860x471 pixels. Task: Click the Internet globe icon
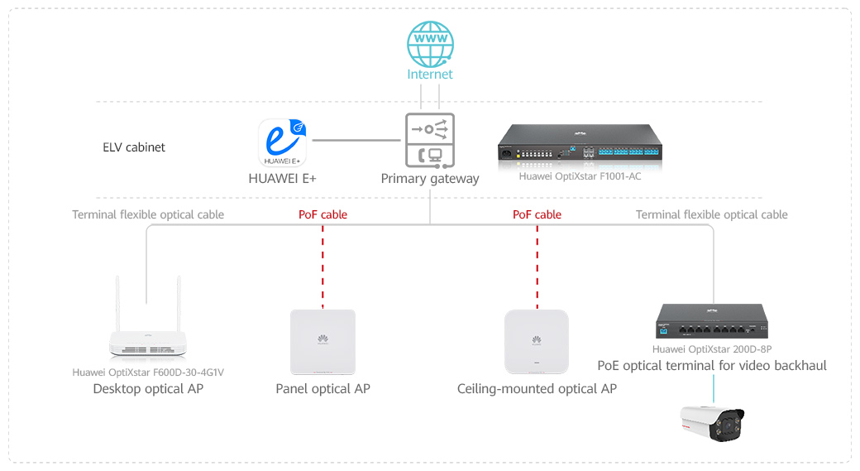pyautogui.click(x=430, y=43)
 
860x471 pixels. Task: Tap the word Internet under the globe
pyautogui.click(x=430, y=74)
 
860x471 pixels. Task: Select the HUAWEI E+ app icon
pyautogui.click(x=283, y=142)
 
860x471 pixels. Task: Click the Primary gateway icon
pyautogui.click(x=430, y=141)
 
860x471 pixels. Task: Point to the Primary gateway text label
pyautogui.click(x=430, y=178)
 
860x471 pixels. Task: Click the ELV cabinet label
pyautogui.click(x=134, y=147)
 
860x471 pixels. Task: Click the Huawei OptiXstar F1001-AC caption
pyautogui.click(x=580, y=175)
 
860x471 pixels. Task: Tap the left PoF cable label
pyautogui.click(x=322, y=214)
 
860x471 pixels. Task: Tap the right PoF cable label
pyautogui.click(x=537, y=214)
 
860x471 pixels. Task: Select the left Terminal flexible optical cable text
pyautogui.click(x=148, y=214)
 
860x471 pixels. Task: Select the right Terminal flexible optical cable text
pyautogui.click(x=711, y=214)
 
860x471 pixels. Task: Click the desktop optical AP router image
pyautogui.click(x=148, y=341)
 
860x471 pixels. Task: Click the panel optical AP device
pyautogui.click(x=322, y=342)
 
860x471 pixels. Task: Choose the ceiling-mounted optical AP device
pyautogui.click(x=537, y=342)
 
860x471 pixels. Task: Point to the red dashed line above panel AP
pyautogui.click(x=322, y=265)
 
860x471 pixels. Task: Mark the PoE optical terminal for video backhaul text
pyautogui.click(x=712, y=365)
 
